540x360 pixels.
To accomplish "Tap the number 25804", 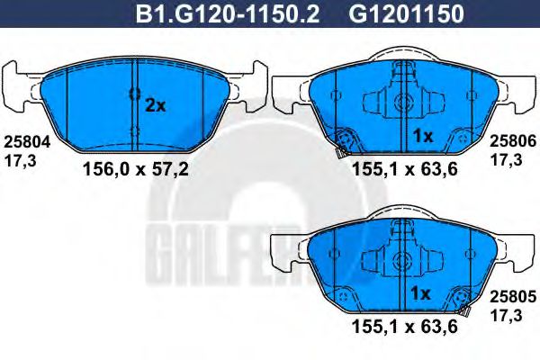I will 24,140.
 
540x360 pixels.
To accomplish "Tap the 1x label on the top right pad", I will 423,136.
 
